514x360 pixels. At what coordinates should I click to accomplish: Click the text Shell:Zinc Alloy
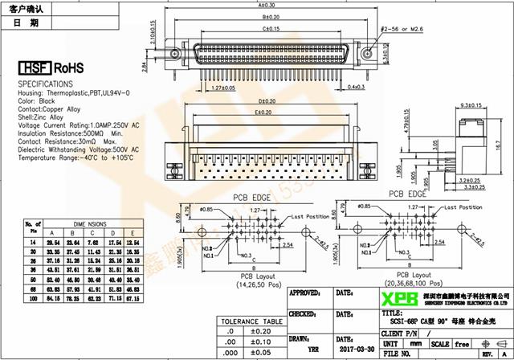point(41,117)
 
